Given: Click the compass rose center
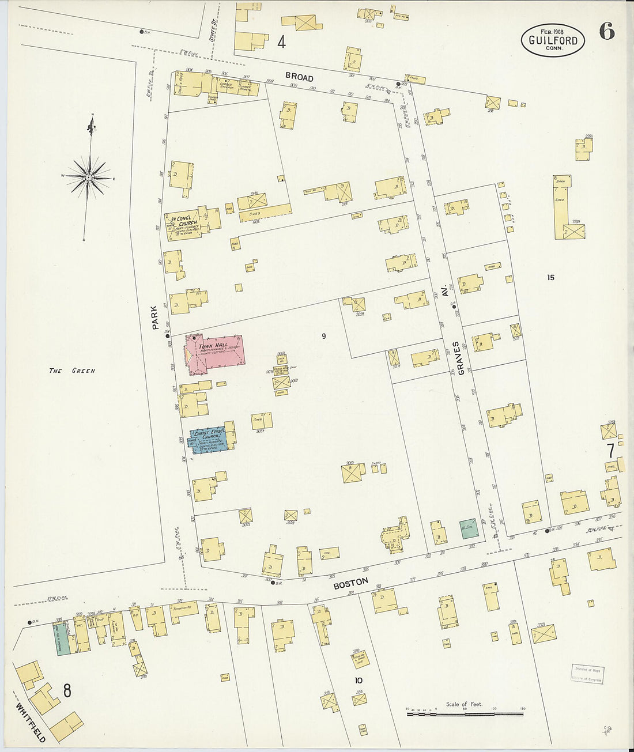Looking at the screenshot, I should (88, 177).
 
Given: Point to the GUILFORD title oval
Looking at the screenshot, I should (553, 40).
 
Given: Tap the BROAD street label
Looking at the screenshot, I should (299, 77).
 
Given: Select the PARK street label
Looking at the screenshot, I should (154, 318).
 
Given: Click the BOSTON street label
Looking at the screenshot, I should (350, 583).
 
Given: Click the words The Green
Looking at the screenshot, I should (71, 371).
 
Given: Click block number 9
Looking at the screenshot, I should (324, 336).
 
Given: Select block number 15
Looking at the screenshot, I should (550, 277).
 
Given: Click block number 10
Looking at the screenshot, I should (358, 680).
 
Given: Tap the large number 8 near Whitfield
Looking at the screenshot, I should (67, 690).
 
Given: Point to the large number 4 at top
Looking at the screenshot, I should (281, 42).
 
